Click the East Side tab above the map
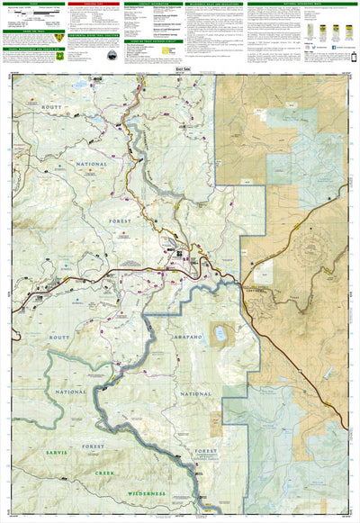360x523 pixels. click(x=180, y=68)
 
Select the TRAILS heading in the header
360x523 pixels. click(x=34, y=3)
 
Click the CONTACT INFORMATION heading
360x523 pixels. click(x=151, y=3)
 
